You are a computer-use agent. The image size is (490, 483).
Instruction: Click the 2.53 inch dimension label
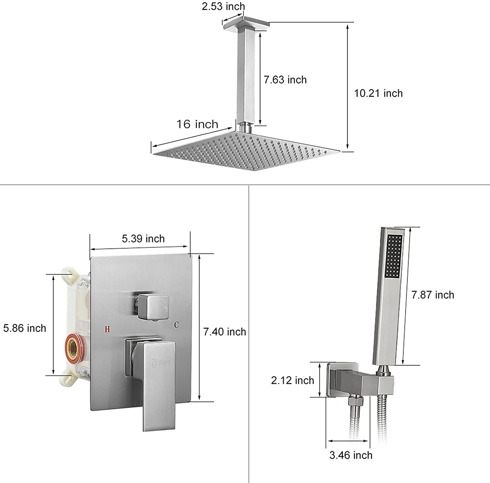click(x=223, y=6)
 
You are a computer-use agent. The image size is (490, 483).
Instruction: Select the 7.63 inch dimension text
click(x=285, y=80)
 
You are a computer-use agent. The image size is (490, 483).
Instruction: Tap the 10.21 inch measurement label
click(x=378, y=93)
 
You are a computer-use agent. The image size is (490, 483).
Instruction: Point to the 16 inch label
click(x=197, y=124)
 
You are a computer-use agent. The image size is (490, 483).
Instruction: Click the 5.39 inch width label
click(x=143, y=239)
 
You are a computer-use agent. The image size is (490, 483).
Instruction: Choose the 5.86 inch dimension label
click(x=24, y=328)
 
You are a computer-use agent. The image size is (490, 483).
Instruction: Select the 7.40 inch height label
click(x=224, y=332)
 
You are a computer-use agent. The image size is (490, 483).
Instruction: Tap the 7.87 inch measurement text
click(x=433, y=295)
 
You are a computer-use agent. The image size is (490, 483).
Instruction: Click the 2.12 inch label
click(x=292, y=380)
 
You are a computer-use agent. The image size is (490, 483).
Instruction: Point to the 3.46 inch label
click(x=351, y=455)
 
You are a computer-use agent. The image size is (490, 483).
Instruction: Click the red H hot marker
click(x=107, y=329)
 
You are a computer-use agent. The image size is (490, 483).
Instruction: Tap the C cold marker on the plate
click(x=176, y=325)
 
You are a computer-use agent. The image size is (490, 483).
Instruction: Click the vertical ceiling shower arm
click(x=246, y=77)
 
